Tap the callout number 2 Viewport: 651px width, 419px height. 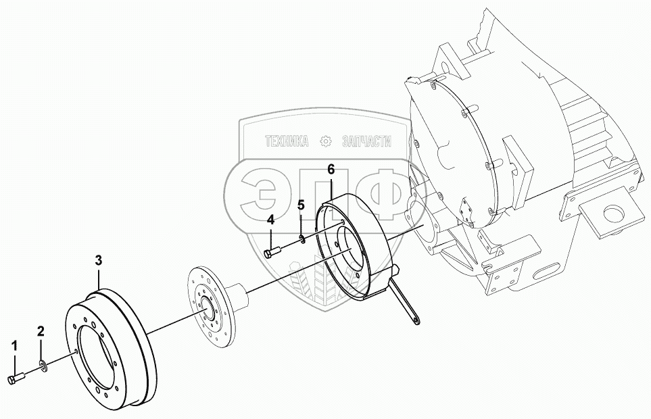click(x=41, y=331)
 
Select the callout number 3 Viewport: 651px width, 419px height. click(x=98, y=260)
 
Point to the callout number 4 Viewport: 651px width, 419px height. click(x=270, y=220)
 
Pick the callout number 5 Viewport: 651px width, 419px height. click(x=302, y=204)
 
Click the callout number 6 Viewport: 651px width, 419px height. click(x=331, y=169)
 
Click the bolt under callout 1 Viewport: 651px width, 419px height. click(x=17, y=379)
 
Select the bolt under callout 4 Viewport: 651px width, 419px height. click(x=272, y=253)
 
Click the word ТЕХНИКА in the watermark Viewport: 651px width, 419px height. click(x=287, y=141)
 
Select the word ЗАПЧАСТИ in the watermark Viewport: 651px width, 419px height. click(x=368, y=141)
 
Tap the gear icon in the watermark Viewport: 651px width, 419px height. click(x=327, y=141)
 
